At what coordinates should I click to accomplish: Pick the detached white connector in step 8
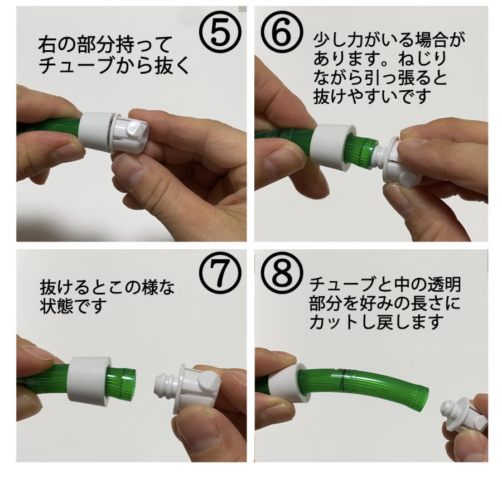pos(462,417)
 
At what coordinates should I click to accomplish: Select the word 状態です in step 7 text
pos(73,306)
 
